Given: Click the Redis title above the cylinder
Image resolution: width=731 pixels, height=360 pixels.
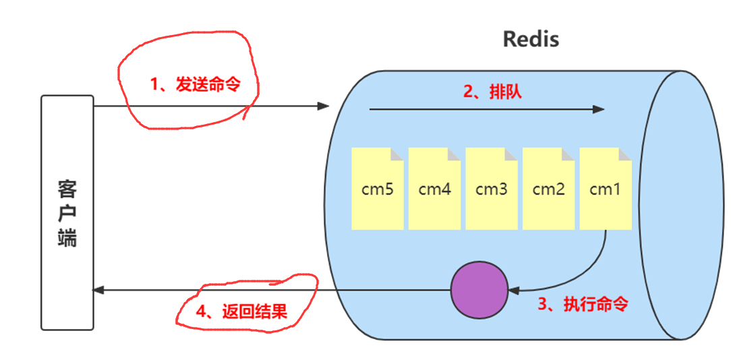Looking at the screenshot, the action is click(x=531, y=39).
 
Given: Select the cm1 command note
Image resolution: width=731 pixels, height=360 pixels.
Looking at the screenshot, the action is click(x=605, y=189).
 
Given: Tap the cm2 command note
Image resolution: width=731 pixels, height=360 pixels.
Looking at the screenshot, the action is click(x=548, y=189).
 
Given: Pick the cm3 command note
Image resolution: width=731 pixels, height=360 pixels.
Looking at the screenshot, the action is click(x=492, y=189).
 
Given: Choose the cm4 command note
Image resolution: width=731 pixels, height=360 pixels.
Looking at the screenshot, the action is click(x=434, y=189).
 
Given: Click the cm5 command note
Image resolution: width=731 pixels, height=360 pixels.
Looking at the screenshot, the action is click(x=378, y=189).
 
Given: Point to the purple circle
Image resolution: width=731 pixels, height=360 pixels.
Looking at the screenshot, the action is click(x=479, y=290).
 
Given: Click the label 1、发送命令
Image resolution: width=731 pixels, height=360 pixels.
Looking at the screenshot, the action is click(x=195, y=84).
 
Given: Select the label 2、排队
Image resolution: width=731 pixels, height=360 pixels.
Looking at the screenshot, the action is click(x=492, y=92).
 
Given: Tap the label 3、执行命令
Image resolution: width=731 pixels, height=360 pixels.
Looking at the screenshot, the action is click(x=583, y=304).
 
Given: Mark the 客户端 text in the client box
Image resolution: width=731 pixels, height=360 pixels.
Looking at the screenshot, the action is click(x=67, y=212).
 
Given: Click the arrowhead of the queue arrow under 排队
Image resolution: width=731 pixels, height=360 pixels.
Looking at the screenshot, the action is click(x=599, y=110).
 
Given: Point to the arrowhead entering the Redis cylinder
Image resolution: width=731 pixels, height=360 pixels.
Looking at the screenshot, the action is click(x=324, y=107).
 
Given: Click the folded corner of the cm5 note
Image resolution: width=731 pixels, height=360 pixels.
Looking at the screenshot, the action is click(x=397, y=154).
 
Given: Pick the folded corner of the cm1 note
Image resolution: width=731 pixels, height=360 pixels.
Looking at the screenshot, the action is click(x=624, y=154).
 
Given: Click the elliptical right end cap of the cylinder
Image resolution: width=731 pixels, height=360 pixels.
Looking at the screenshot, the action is click(x=639, y=205).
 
